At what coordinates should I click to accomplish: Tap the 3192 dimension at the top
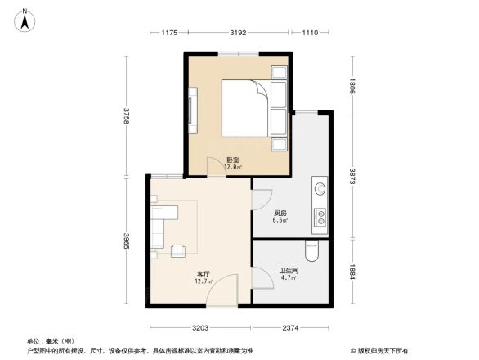pyautogui.click(x=238, y=33)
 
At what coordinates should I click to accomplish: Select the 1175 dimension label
pyautogui.click(x=168, y=33)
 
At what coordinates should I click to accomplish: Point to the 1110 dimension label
pyautogui.click(x=309, y=33)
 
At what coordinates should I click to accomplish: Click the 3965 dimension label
pyautogui.click(x=126, y=245)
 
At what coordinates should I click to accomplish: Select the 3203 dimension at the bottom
pyautogui.click(x=201, y=328)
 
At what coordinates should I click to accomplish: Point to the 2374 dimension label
pyautogui.click(x=292, y=328)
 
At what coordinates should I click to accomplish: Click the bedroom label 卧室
pyautogui.click(x=233, y=161)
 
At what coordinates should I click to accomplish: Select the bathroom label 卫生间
pyautogui.click(x=288, y=272)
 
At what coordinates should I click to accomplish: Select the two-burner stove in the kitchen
pyautogui.click(x=320, y=217)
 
